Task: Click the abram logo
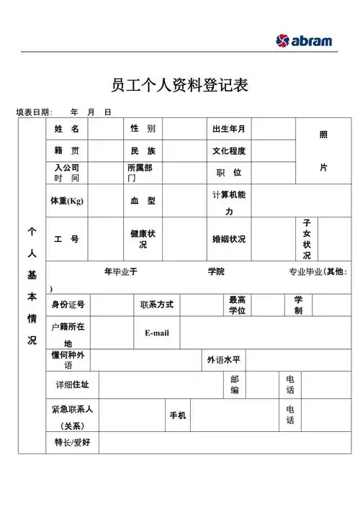[305, 40]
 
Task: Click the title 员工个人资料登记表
[180, 85]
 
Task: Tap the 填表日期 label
[34, 112]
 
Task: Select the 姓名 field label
[66, 129]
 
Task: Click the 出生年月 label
[229, 129]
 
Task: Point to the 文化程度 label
[229, 151]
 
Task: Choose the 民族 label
[143, 151]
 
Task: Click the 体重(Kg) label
[67, 201]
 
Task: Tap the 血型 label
[143, 201]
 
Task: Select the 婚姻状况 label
[229, 239]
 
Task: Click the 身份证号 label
[68, 305]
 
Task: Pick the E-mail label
[156, 333]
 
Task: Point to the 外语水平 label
[224, 359]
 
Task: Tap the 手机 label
[178, 415]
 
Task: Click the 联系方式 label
[157, 305]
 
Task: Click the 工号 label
[66, 239]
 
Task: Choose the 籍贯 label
[66, 151]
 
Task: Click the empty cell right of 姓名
[103, 129]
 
